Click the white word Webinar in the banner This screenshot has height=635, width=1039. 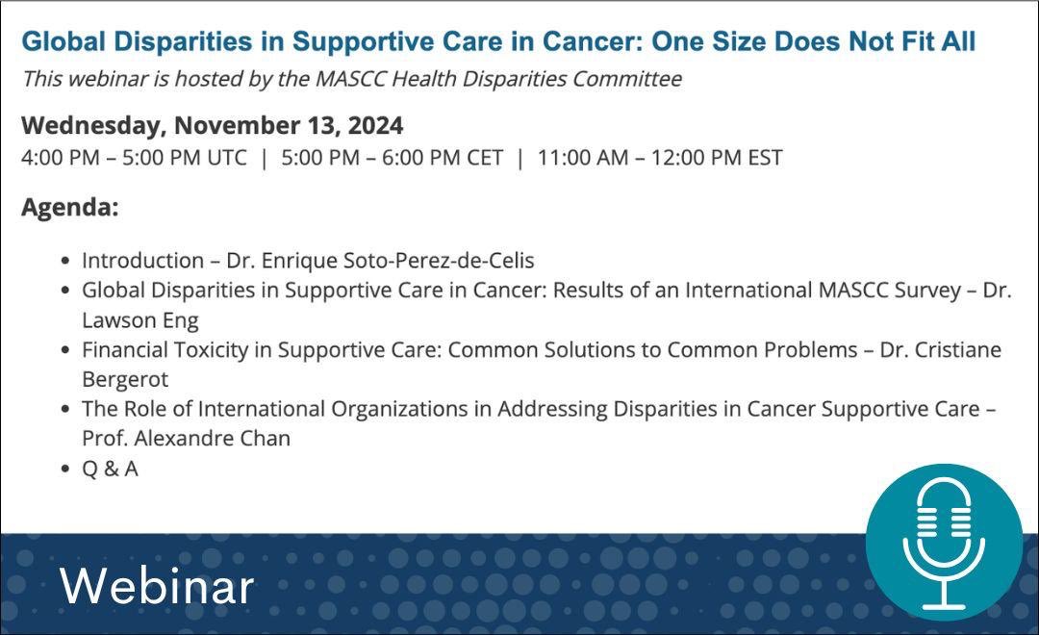157,586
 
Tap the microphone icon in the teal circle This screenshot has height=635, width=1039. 943,544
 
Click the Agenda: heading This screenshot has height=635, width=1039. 69,208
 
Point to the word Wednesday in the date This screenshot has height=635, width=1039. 92,125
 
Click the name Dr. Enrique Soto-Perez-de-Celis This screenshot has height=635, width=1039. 380,260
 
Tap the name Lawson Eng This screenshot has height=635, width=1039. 140,319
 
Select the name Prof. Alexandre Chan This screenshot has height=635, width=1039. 186,438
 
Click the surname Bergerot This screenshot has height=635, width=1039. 125,379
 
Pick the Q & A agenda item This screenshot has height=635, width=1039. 110,469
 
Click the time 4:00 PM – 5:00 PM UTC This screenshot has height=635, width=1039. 134,157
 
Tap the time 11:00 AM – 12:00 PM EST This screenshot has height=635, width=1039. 660,157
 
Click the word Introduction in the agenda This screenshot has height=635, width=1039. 142,260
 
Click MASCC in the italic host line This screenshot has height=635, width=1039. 351,79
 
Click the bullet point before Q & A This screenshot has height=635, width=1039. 64,469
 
